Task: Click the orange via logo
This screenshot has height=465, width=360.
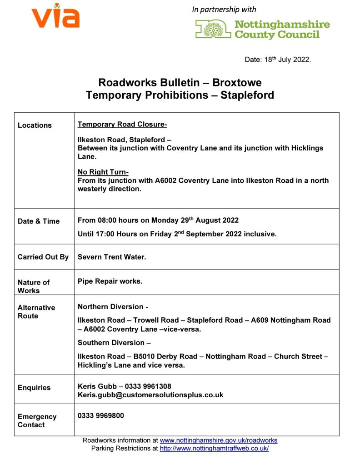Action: pos(55,17)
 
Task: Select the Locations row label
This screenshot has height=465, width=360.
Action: pos(35,125)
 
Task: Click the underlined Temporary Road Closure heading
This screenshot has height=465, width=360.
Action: pos(122,125)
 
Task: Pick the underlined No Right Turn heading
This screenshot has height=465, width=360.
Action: pos(103,172)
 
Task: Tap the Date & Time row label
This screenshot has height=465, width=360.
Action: pos(39,221)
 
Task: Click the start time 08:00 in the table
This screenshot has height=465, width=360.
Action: pos(108,220)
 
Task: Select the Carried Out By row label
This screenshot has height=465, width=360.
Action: pos(43,257)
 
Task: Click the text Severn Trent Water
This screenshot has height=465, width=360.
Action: pos(112,257)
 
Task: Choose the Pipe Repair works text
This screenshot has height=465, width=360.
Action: pos(110,281)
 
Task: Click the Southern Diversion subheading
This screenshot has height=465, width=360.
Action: pos(114,343)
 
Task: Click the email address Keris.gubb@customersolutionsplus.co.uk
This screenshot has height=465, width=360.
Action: pos(150,395)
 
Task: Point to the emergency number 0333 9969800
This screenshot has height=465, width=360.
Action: pos(100,415)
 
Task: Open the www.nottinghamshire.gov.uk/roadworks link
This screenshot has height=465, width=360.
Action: pos(219,440)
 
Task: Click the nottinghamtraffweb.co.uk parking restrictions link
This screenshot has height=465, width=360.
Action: pos(214,448)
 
